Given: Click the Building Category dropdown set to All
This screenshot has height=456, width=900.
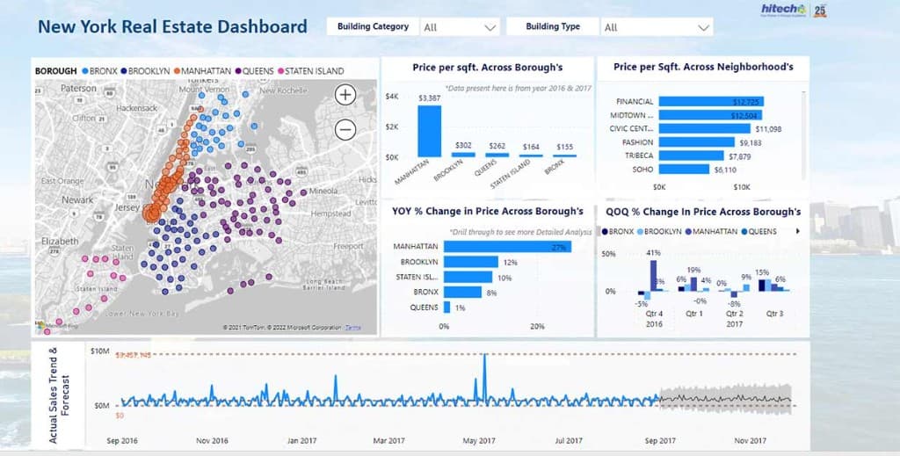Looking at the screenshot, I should click(x=460, y=27).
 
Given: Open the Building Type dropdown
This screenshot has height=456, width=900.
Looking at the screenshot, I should click(x=656, y=27).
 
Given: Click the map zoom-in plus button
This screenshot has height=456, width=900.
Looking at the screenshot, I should click(x=345, y=95).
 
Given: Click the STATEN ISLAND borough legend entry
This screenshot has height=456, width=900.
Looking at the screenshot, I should click(x=311, y=71).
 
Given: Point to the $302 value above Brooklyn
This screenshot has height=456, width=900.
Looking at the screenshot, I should click(x=463, y=145).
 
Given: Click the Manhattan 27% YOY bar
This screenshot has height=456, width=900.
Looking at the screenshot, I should click(x=507, y=247).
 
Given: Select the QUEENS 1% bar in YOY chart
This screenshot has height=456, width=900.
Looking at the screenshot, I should click(x=447, y=308).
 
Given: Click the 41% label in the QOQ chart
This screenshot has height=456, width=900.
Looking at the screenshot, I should click(x=653, y=253).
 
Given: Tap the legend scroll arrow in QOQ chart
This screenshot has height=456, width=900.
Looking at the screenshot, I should click(x=797, y=232).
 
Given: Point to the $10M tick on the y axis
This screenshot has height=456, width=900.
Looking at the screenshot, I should click(x=99, y=351).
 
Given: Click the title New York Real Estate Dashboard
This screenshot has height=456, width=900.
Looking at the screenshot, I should click(x=172, y=26).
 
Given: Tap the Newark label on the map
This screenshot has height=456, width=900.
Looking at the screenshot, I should click(x=77, y=200).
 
